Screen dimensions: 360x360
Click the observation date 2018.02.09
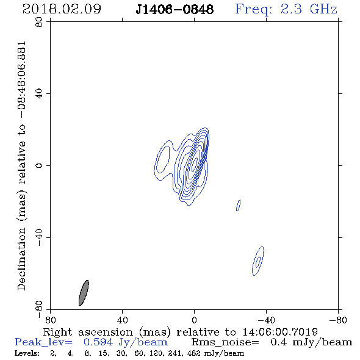tap(62, 9)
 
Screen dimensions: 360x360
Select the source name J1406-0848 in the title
tap(175, 9)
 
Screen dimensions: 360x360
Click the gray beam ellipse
tap(84, 293)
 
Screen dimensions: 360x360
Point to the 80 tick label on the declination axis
tap(39, 22)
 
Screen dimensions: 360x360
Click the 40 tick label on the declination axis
tap(39, 94)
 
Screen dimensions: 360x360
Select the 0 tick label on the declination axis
tap(39, 165)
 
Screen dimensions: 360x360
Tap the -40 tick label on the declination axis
tap(39, 237)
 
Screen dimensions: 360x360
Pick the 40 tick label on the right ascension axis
tap(122, 320)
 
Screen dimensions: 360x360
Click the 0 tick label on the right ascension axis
tap(194, 320)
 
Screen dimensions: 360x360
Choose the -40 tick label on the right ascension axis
tap(266, 320)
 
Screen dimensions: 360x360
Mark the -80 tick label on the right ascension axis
tap(338, 320)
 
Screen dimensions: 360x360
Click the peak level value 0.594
tap(98, 342)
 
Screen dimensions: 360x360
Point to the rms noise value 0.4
tap(278, 342)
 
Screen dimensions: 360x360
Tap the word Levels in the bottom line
tap(27, 353)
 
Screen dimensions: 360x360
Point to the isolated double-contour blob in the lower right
tap(258, 261)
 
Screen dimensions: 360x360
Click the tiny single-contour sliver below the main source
tap(239, 205)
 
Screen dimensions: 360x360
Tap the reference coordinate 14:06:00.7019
tap(280, 332)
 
